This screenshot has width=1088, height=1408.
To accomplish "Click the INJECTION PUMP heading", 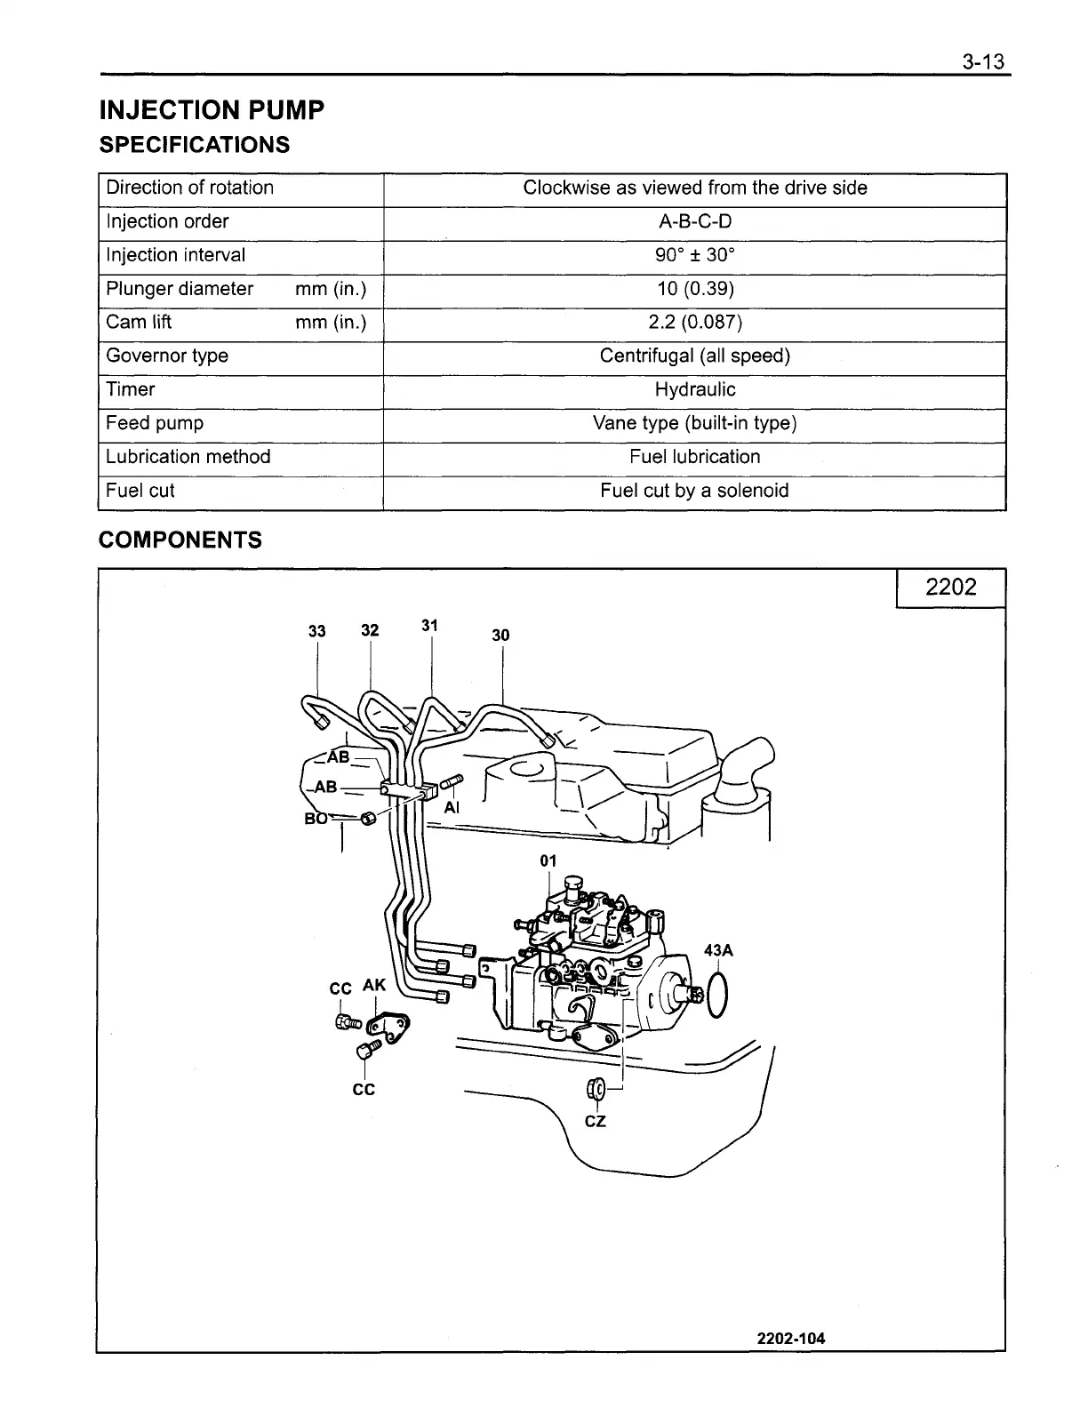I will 212,110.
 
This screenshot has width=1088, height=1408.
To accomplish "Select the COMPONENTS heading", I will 180,540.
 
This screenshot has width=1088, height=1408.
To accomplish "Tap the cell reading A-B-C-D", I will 694,221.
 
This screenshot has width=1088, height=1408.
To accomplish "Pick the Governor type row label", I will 167,356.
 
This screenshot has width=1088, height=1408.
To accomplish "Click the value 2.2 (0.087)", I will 694,322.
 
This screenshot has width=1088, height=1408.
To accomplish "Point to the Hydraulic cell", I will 694,389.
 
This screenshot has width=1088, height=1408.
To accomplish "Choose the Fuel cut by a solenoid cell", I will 694,491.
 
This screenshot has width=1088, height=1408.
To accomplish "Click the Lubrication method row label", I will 188,457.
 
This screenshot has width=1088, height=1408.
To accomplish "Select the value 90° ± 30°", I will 694,255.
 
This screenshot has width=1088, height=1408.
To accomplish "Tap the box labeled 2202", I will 950,587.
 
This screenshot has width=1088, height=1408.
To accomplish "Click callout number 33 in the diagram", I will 316,631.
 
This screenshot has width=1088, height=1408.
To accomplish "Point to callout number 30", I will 500,635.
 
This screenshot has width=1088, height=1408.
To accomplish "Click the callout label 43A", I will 718,950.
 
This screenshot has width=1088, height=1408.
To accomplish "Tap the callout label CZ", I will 595,1122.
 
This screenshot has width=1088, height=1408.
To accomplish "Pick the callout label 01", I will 548,860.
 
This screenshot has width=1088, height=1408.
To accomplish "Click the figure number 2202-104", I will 791,1339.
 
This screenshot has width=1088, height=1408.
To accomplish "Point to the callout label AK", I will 374,985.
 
